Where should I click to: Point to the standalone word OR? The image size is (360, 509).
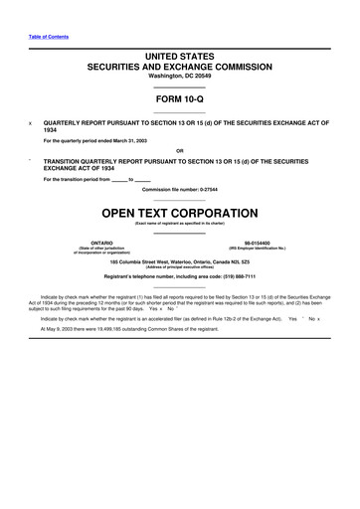pos(179,151)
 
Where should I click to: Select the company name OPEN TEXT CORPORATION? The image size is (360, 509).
pos(179,213)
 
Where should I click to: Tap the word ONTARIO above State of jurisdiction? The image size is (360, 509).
pos(101,242)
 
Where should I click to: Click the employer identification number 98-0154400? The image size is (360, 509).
pos(257,242)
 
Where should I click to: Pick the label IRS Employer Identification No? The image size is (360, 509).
pos(257,248)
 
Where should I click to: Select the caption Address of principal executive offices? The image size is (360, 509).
pos(179,266)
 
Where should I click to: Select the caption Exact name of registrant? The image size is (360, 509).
pos(179,224)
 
